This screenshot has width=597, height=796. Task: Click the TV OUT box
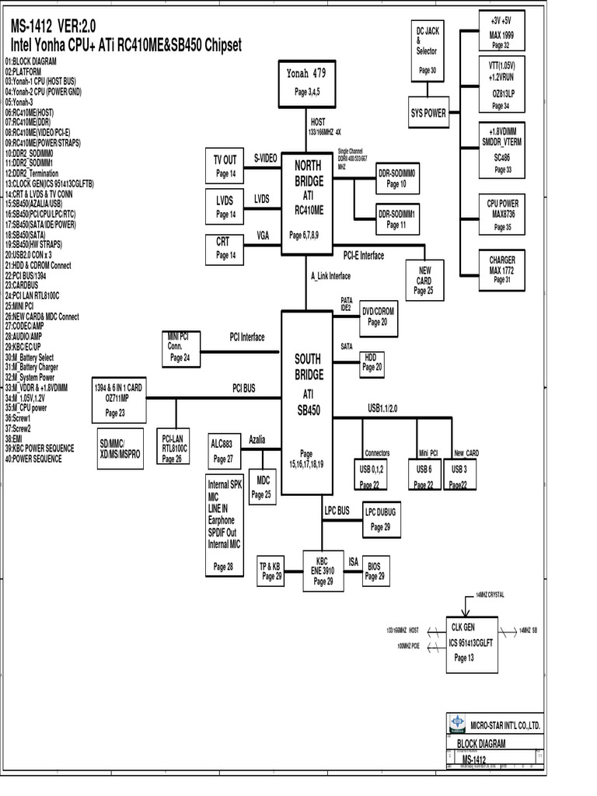pos(225,166)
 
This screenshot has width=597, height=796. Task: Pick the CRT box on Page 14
pos(225,248)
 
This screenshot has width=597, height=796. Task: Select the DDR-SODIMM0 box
pos(397,178)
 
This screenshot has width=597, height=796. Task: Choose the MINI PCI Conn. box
pos(180,347)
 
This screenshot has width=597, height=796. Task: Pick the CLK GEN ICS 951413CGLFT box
pos(471,641)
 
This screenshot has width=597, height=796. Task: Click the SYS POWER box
pos(428,113)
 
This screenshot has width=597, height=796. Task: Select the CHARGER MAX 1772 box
pos(502,269)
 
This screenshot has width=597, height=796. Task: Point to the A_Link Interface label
pos(330,276)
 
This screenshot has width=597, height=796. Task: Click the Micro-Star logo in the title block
pos(459,724)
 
